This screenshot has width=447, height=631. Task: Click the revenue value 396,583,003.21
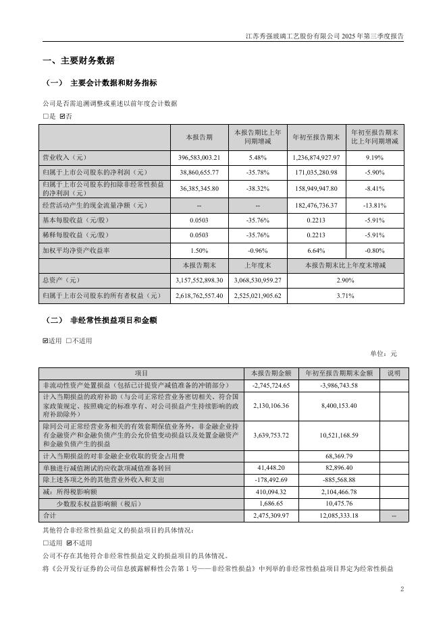[199, 157]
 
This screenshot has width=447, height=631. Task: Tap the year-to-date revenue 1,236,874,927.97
[317, 157]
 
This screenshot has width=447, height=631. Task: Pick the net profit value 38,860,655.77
[199, 172]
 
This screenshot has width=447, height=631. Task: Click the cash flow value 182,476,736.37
[317, 204]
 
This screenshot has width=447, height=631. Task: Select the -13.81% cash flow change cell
[375, 204]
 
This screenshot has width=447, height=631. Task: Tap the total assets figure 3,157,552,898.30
[199, 278]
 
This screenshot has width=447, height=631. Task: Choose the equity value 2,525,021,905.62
[259, 295]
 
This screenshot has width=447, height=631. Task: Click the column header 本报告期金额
[271, 373]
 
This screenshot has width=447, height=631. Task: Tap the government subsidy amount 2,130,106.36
[271, 406]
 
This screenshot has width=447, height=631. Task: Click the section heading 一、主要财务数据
[78, 61]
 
